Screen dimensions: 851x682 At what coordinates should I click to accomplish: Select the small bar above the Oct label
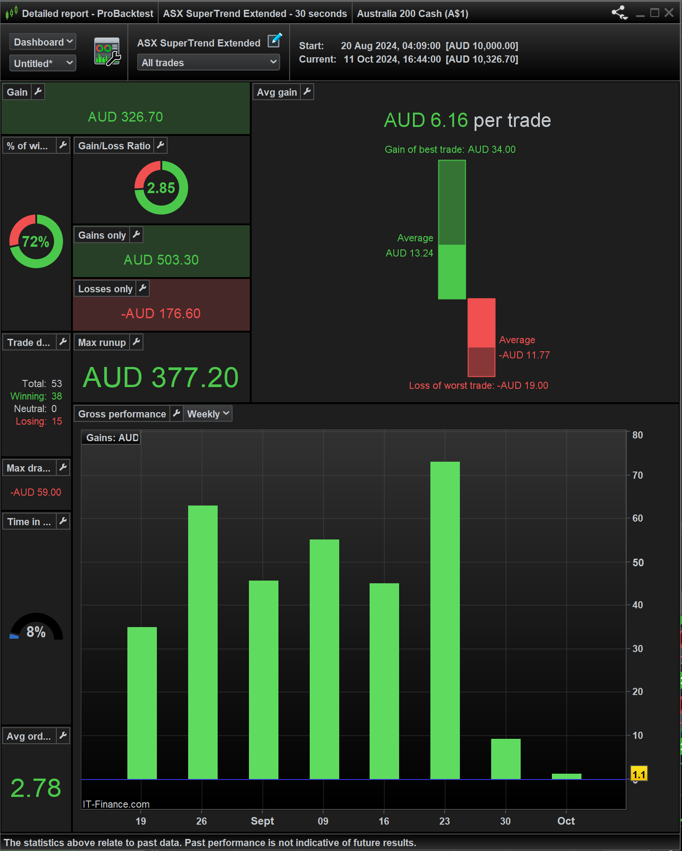[566, 776]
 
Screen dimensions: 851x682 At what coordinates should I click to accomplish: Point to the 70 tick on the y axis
[637, 475]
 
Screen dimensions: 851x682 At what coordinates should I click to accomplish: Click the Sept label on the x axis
[262, 821]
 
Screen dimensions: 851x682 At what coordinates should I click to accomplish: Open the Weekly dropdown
[208, 414]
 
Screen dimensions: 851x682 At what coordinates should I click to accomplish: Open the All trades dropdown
[208, 63]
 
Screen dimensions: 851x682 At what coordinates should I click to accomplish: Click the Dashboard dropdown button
[43, 42]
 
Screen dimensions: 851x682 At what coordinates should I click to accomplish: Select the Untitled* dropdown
[43, 63]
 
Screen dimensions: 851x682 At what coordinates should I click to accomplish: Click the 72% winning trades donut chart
[36, 241]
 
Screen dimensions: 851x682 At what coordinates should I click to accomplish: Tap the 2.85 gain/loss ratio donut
[161, 188]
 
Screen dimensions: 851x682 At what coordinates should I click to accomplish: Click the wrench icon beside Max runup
[137, 342]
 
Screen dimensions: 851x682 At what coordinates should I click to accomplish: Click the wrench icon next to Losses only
[143, 289]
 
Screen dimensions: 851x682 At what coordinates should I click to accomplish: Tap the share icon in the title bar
[619, 13]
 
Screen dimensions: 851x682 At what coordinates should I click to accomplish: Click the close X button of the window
[669, 13]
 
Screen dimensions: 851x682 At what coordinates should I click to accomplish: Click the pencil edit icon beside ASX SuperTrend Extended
[274, 41]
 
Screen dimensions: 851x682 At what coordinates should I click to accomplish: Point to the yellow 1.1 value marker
[639, 774]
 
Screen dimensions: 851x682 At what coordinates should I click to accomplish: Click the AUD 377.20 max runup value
[161, 378]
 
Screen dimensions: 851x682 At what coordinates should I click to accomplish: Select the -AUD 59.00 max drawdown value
[36, 492]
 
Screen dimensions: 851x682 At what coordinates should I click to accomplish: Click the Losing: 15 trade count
[39, 421]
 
